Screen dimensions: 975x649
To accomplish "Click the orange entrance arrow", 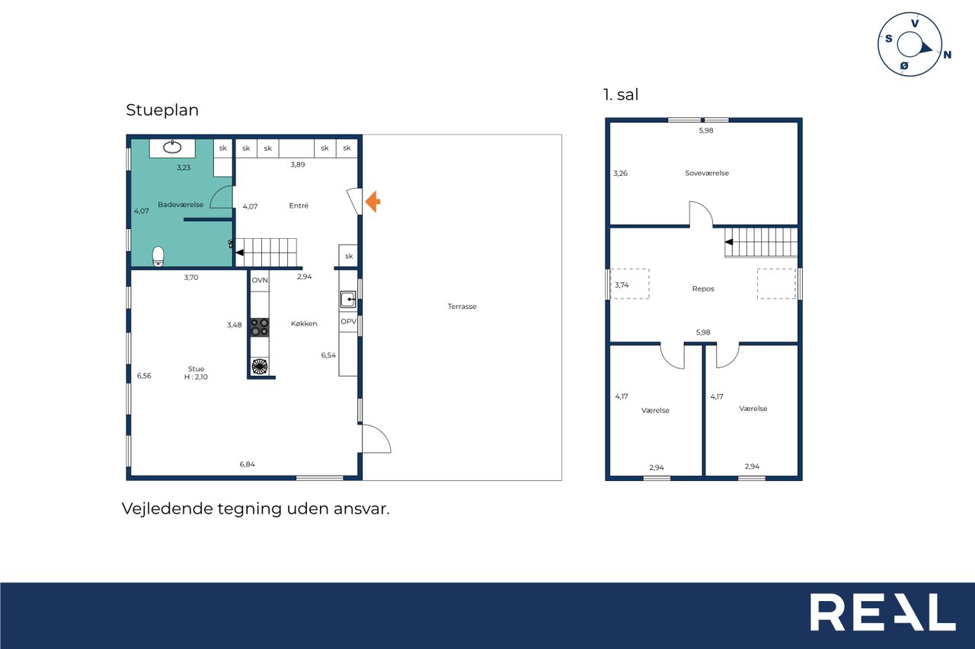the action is point(372,202).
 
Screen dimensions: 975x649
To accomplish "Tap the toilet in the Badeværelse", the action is point(158,256).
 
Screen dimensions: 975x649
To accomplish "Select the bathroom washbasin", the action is point(172,147).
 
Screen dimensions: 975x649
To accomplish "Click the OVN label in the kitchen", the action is point(260,281).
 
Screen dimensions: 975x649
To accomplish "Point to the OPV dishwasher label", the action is point(348,321).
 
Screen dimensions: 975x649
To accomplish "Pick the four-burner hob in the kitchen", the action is point(260,327).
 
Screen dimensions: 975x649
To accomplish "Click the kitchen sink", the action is point(348,300).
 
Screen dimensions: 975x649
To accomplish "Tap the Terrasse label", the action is point(462,307).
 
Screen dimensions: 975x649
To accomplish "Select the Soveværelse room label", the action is point(706,173).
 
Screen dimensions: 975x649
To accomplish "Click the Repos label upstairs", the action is point(703,288).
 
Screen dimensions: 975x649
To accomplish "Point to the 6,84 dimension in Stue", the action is point(248,464).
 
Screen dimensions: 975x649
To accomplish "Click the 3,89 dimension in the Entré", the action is point(298,164).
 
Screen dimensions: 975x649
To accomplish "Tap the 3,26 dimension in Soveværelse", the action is point(620,173).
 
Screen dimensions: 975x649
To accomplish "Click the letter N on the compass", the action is point(947,55).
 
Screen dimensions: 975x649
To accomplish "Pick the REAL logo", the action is point(882,612).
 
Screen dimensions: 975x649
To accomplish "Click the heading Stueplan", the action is point(162,110).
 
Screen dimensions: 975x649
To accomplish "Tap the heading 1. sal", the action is point(621,94).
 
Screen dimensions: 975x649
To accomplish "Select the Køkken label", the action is point(304,323).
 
